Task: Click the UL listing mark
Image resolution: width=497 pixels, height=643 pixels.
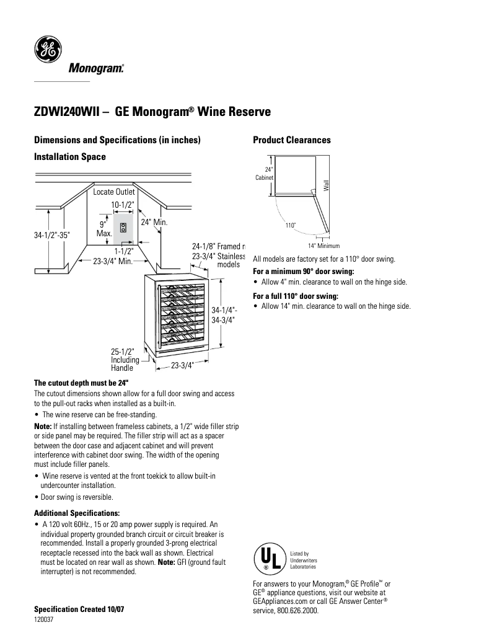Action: click(268, 557)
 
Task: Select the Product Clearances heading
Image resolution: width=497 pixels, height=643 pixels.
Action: click(291, 140)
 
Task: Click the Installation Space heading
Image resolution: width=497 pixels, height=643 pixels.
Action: click(69, 157)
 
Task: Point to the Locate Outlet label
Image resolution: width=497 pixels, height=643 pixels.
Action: click(114, 192)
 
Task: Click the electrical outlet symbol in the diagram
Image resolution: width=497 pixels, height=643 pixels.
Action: click(123, 227)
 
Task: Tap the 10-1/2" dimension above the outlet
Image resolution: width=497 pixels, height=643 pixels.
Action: click(123, 205)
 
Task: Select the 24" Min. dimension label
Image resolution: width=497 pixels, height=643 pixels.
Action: click(154, 222)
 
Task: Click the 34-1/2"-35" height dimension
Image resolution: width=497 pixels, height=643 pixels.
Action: click(52, 236)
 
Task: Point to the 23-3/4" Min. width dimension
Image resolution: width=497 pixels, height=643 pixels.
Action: click(114, 262)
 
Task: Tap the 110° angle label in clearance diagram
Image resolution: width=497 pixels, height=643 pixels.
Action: click(290, 225)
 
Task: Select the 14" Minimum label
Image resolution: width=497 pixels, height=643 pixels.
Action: click(323, 246)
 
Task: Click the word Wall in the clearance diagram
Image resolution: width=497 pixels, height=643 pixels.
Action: click(325, 184)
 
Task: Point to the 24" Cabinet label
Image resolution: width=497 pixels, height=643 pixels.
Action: click(265, 174)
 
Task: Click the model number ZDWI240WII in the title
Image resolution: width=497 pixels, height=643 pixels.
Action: click(66, 112)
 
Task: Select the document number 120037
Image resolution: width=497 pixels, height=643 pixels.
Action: click(43, 619)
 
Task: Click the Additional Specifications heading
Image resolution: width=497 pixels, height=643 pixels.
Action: click(76, 513)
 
